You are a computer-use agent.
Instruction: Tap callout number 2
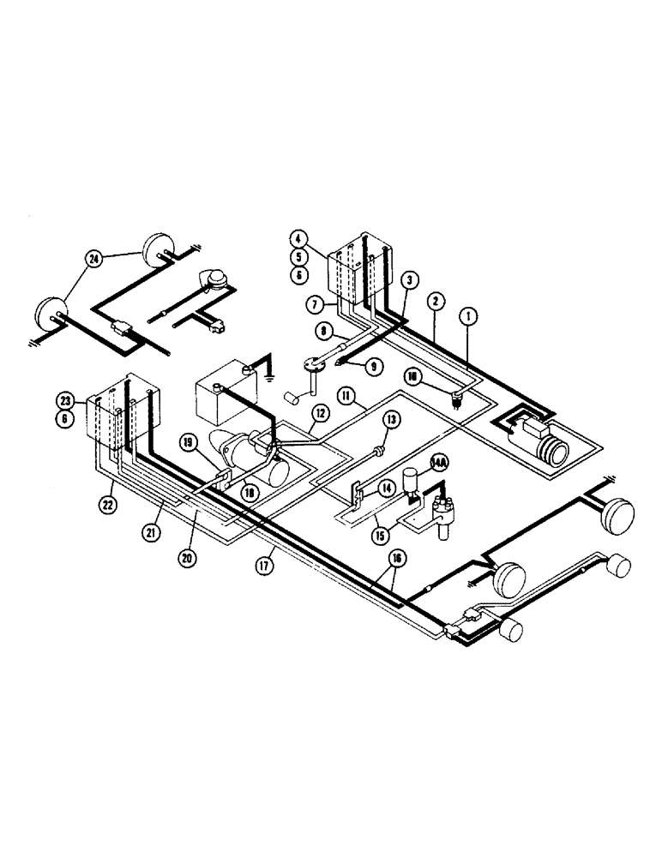pyautogui.click(x=436, y=301)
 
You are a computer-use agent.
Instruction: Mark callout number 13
pyautogui.click(x=392, y=420)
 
